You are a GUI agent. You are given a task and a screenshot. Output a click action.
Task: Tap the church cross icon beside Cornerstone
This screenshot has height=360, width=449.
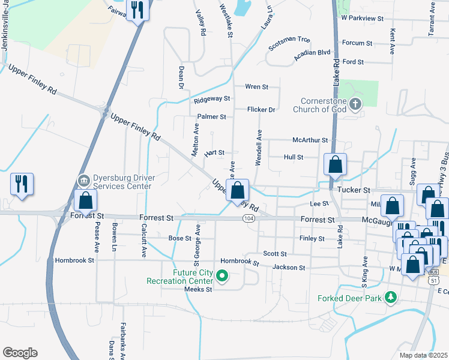pyautogui.click(x=355, y=105)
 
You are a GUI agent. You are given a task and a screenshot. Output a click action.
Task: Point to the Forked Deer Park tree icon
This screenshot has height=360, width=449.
pyautogui.click(x=391, y=297)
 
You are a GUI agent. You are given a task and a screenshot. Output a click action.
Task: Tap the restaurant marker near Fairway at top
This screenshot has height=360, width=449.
pyautogui.click(x=137, y=10)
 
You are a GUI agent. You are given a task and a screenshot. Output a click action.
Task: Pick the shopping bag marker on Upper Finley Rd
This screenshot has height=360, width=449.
pyautogui.click(x=238, y=190)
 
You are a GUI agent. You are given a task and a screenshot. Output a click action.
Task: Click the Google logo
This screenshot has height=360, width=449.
pyautogui.click(x=20, y=353)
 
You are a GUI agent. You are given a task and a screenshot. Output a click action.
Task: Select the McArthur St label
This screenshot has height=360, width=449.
pyautogui.click(x=310, y=140)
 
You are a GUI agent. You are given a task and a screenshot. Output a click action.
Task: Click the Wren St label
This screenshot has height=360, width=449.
pyautogui.click(x=256, y=87)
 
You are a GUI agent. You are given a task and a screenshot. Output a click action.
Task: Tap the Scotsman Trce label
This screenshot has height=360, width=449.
pyautogui.click(x=289, y=40)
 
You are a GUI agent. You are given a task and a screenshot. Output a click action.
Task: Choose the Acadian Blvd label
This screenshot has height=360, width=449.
pyautogui.click(x=312, y=53)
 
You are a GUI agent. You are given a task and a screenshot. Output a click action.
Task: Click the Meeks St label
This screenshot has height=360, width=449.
pyautogui.click(x=199, y=289)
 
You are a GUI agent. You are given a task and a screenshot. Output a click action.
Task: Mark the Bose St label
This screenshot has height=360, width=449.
pyautogui.click(x=179, y=238)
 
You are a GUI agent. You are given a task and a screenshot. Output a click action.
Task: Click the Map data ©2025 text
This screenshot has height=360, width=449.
pyautogui.click(x=423, y=355)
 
